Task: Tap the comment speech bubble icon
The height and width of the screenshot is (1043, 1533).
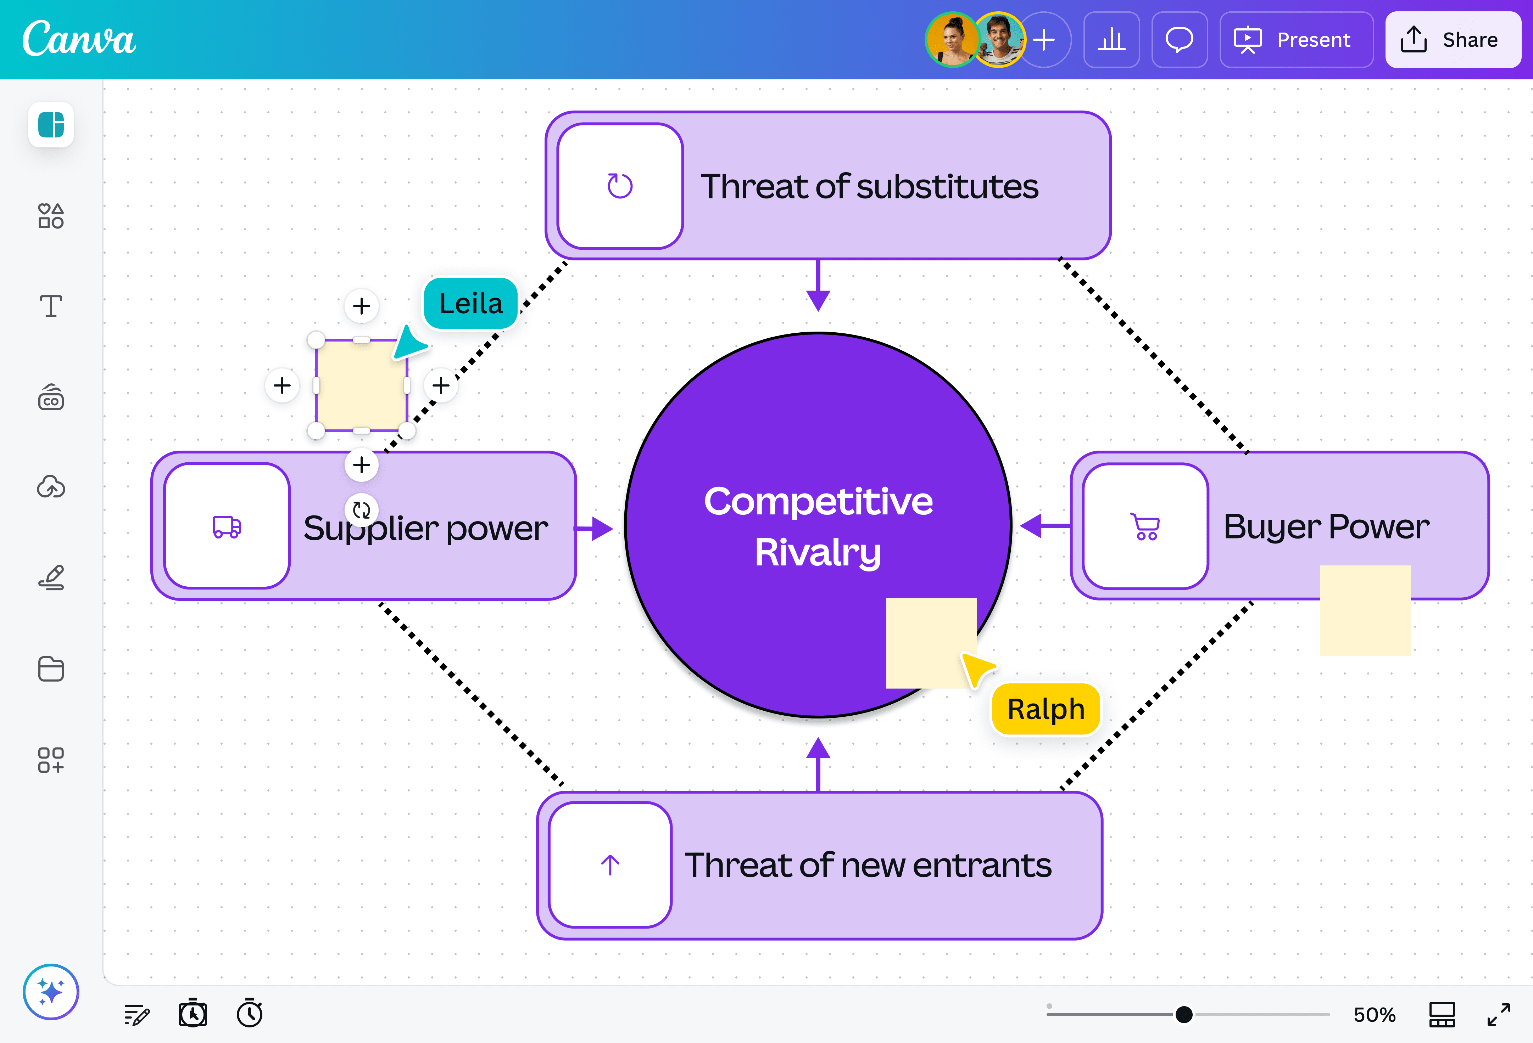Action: pyautogui.click(x=1179, y=40)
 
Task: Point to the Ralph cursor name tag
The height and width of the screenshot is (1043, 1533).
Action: pyautogui.click(x=1046, y=709)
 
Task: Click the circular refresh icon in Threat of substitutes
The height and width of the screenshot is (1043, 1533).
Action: pyautogui.click(x=619, y=186)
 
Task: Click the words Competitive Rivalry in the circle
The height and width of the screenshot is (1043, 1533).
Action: pyautogui.click(x=818, y=526)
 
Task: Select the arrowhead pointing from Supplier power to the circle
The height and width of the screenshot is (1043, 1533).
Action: pyautogui.click(x=602, y=528)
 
